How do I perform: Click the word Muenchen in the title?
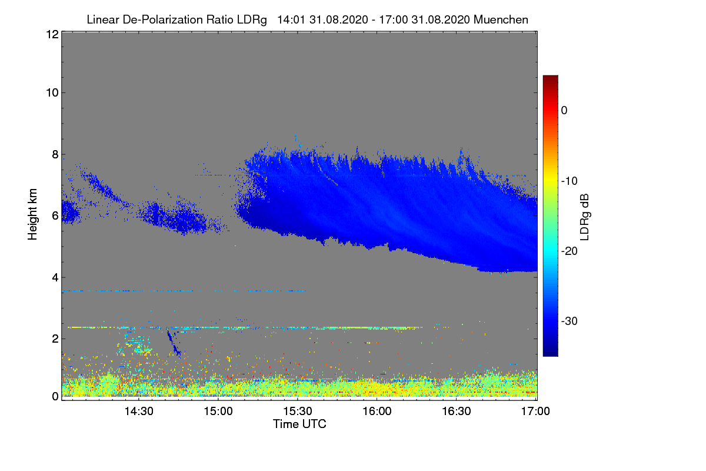[501, 19]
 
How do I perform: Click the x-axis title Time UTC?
[299, 424]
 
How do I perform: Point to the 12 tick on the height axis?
[51, 34]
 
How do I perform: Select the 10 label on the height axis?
[51, 92]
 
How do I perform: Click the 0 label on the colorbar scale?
[564, 110]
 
